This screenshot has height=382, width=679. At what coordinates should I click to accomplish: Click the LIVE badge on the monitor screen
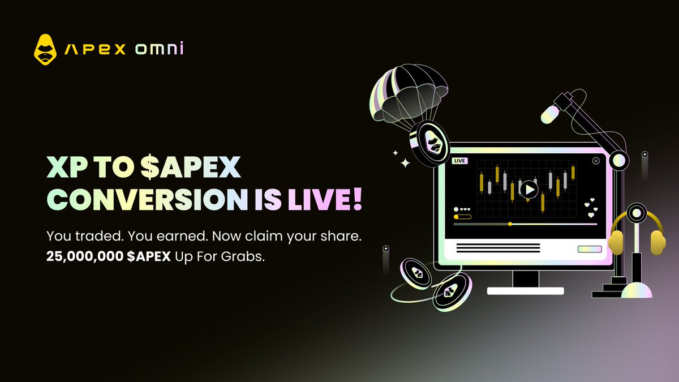460,161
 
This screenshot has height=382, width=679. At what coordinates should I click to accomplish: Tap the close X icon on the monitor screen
595,161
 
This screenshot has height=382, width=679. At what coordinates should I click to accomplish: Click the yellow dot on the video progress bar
510,224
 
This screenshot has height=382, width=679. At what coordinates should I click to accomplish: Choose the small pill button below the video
590,249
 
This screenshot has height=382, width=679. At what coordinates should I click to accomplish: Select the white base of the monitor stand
526,290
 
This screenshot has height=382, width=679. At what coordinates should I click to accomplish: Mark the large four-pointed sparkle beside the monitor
405,164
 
